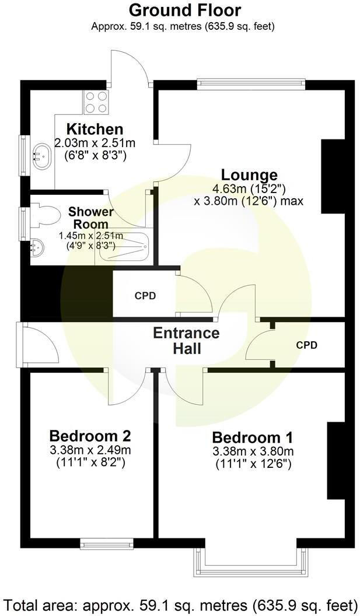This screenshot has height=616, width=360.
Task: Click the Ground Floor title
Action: (184, 10)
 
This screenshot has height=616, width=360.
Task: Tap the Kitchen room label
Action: (95, 129)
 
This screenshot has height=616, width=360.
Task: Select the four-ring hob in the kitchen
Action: (96, 102)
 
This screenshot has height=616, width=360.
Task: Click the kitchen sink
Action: (41, 156)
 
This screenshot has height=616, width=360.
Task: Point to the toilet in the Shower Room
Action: (46, 214)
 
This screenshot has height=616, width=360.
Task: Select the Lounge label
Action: (249, 174)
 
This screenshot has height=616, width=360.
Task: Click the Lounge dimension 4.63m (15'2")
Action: (249, 188)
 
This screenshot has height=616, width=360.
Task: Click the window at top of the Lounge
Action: (251, 84)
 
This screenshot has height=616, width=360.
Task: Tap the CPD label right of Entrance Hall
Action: (306, 345)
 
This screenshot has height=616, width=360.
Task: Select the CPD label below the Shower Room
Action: (145, 296)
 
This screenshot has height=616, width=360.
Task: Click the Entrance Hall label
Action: (186, 341)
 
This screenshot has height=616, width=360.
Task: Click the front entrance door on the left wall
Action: (22, 345)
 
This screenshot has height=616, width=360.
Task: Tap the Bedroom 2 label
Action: (90, 436)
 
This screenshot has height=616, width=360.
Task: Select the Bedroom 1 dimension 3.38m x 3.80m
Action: (252, 451)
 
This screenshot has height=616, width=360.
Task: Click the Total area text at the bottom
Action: (180, 604)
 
